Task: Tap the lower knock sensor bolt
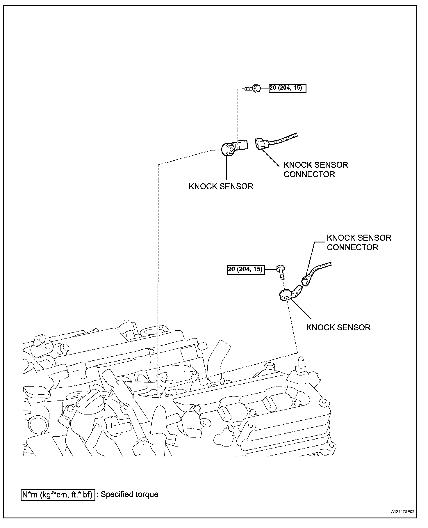(x=281, y=272)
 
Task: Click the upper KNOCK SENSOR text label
(x=221, y=186)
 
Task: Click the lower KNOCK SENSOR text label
(x=338, y=327)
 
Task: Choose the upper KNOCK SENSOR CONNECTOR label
(x=316, y=169)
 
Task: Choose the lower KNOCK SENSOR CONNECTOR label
(x=359, y=242)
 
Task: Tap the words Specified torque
(x=129, y=495)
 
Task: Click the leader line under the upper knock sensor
(x=226, y=169)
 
